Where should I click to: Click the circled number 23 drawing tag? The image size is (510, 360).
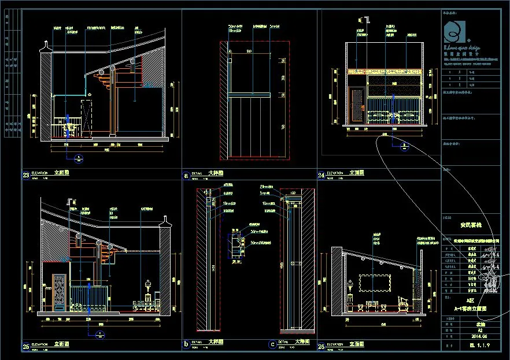click(x=26, y=176)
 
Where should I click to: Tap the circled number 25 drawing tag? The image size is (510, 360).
click(x=26, y=347)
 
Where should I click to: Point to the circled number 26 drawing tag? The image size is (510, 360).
click(x=321, y=347)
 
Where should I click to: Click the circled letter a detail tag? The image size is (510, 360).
click(x=186, y=175)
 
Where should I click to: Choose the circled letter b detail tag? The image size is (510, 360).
click(x=186, y=345)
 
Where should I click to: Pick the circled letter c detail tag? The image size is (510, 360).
click(x=272, y=345)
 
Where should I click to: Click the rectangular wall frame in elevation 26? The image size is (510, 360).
click(x=376, y=283)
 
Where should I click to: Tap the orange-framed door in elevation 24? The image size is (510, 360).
click(x=356, y=104)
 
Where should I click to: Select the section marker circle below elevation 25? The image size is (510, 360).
click(x=99, y=334)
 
